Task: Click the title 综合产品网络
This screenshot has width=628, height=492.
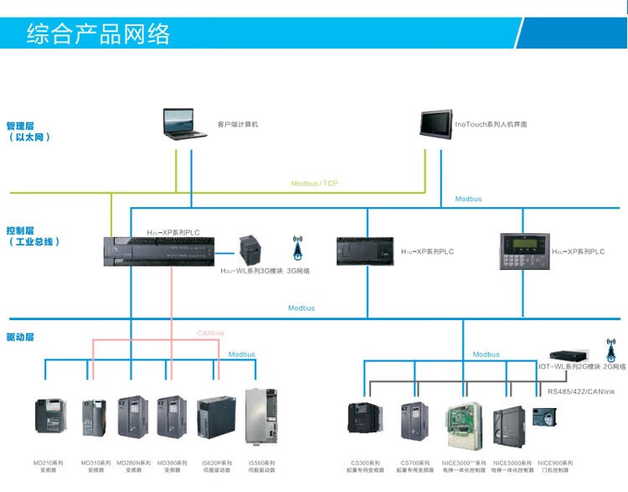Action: (98, 34)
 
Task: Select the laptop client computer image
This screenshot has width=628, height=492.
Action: (185, 123)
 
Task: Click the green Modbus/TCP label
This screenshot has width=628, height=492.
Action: (314, 184)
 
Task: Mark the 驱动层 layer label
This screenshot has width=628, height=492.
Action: (20, 337)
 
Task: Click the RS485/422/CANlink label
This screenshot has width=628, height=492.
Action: (580, 391)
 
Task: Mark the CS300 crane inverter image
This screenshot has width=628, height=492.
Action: (364, 420)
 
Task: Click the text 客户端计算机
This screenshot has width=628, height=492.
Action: (238, 124)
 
